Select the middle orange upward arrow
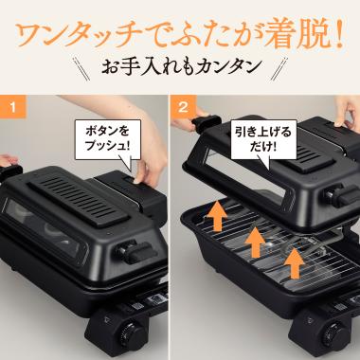click(x=254, y=243)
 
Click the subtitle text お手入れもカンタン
click(x=179, y=67)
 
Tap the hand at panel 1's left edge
click(x=8, y=161)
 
